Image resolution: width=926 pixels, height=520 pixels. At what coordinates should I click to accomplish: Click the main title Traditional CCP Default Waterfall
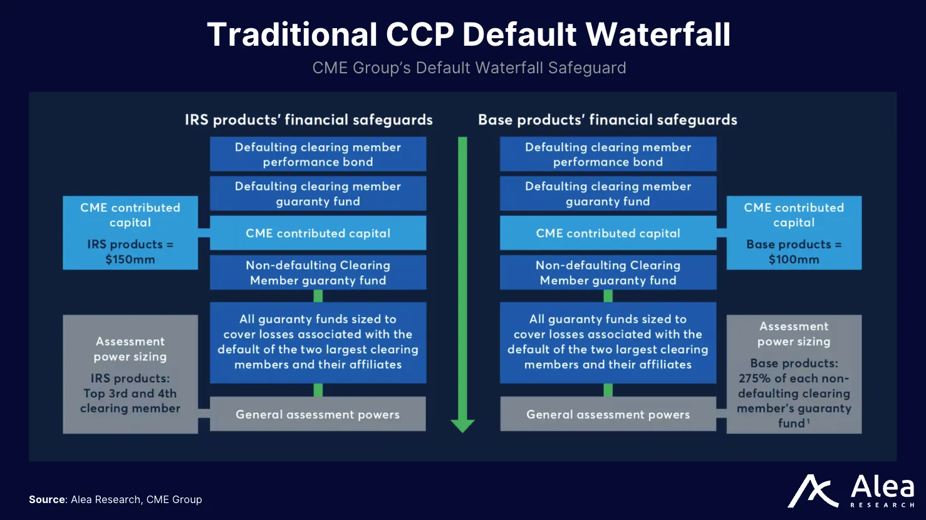469,34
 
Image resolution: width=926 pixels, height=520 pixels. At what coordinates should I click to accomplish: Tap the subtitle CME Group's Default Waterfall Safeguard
469,68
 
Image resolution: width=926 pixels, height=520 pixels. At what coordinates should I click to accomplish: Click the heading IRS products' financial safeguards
308,120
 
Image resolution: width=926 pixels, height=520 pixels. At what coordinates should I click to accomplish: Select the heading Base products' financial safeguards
607,120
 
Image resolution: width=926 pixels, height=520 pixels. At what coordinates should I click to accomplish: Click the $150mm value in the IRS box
130,259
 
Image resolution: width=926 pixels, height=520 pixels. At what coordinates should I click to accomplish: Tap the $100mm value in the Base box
794,259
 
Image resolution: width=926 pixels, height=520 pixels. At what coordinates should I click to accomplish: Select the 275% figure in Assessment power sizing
751,378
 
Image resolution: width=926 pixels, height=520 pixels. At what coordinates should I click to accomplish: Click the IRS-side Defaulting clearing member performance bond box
318,154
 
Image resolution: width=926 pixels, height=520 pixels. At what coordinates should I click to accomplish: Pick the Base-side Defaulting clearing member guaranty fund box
608,194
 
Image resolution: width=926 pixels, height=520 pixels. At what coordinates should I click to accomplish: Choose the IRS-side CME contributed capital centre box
318,233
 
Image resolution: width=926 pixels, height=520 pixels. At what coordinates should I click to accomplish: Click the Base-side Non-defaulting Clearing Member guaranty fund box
608,273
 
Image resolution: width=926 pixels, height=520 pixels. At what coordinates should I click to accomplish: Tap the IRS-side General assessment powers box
318,414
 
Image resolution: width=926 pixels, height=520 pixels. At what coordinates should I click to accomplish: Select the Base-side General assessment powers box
608,414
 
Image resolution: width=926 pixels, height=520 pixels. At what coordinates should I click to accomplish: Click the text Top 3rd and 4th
130,393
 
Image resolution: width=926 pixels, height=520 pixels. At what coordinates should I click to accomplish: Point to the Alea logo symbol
813,491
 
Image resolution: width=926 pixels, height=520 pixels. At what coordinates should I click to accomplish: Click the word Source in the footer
47,499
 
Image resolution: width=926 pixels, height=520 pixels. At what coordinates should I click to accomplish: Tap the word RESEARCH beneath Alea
882,505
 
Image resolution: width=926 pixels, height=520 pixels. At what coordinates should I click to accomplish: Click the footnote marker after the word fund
808,422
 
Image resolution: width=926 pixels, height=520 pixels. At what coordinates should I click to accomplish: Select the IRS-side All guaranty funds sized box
318,342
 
